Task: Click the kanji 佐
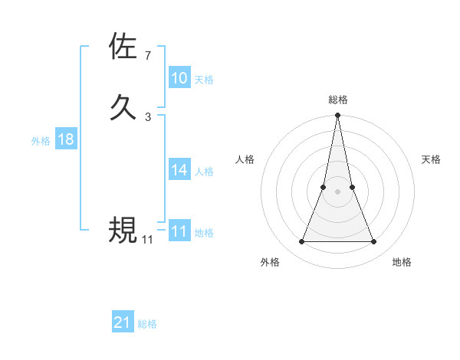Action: (123, 46)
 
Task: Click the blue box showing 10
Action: (179, 78)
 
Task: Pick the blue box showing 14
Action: (179, 170)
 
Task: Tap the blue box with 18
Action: (66, 139)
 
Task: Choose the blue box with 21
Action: (123, 322)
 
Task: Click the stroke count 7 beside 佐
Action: (148, 56)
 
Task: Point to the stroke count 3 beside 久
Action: (148, 116)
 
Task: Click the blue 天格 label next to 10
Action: (204, 80)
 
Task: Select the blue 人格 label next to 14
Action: (204, 172)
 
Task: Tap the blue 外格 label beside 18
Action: (41, 141)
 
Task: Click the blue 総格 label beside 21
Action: (147, 324)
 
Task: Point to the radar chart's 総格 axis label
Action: (338, 100)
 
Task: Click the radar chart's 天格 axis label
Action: (432, 159)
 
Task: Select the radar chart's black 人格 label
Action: (245, 159)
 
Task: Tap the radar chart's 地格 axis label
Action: (402, 262)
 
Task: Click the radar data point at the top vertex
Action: (338, 116)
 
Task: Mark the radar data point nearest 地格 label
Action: (374, 242)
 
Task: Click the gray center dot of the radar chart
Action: (338, 191)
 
